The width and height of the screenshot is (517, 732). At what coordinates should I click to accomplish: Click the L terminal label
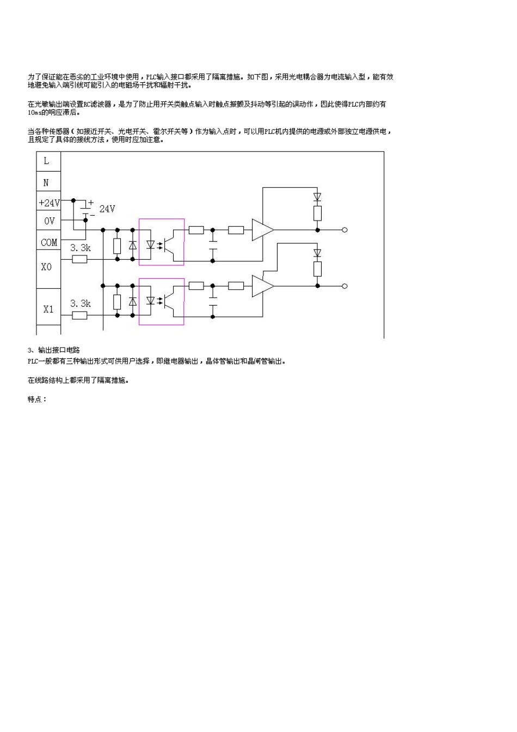click(x=46, y=161)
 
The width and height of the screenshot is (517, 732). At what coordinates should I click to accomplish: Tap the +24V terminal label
click(x=49, y=203)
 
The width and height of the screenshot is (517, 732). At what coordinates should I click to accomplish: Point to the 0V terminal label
click(x=49, y=221)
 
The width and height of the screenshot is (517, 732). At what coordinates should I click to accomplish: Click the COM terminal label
click(x=49, y=242)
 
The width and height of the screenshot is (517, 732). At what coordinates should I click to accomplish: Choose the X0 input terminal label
click(x=46, y=267)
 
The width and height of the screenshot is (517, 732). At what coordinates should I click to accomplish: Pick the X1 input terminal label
click(x=48, y=309)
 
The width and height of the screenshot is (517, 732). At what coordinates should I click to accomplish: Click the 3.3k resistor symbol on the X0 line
click(x=79, y=260)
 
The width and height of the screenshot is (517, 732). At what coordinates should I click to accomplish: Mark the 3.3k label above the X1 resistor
click(x=80, y=303)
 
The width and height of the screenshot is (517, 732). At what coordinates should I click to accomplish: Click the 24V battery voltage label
click(x=107, y=209)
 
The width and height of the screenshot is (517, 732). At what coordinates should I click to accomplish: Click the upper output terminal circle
click(x=344, y=230)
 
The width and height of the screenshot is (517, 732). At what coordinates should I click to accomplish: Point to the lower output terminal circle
click(x=344, y=286)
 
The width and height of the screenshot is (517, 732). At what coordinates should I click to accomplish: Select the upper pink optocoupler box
click(x=162, y=242)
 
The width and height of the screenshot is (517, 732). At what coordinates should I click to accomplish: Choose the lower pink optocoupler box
click(x=162, y=301)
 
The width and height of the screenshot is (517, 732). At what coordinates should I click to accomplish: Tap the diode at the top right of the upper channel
click(x=317, y=197)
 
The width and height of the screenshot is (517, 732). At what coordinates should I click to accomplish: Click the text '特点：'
click(x=37, y=399)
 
